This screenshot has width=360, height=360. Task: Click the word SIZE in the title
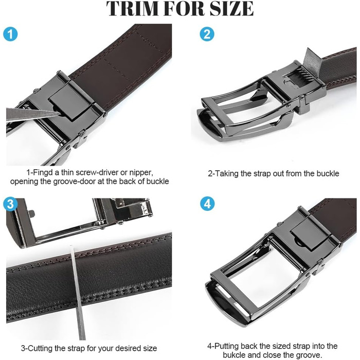coord(232,8)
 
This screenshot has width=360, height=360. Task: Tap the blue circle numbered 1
coord(10,34)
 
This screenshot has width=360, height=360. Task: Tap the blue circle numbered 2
coord(207,34)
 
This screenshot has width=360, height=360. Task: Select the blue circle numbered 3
coord(10,204)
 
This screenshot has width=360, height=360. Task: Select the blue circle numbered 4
coord(207,204)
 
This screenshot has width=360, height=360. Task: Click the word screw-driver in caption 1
coord(97,172)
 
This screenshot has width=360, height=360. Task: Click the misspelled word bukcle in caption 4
coord(234,354)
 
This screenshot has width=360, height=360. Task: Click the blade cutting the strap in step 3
coord(77,292)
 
